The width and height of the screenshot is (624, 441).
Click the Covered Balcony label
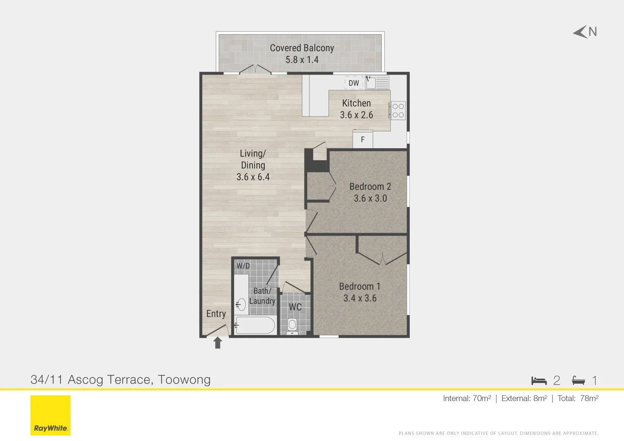302,48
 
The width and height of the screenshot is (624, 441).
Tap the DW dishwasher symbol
354,83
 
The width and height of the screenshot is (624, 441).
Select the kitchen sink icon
376,83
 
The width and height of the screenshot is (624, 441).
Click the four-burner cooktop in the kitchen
398,110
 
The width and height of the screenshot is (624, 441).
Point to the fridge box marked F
362,140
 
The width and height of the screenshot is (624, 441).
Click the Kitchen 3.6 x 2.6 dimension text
356,115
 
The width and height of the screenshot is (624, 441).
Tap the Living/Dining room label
253,159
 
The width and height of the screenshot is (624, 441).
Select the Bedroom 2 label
370,187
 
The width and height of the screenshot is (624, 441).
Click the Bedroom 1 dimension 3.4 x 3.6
360,298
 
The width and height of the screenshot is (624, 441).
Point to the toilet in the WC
292,325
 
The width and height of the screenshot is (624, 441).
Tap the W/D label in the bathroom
243,266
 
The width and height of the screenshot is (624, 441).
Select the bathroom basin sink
242,304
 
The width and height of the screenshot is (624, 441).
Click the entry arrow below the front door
218,343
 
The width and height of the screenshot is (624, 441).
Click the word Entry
216,314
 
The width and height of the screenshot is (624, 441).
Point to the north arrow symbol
581,32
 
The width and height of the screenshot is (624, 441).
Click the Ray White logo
50,415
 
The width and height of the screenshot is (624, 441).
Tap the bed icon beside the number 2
539,381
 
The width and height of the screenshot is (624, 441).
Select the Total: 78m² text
577,398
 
